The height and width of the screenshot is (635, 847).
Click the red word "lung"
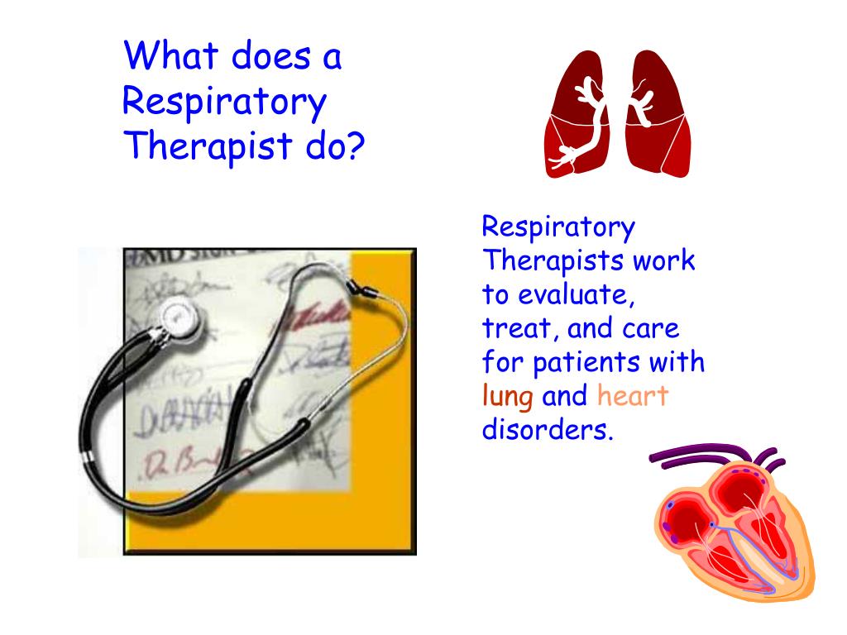(507, 397)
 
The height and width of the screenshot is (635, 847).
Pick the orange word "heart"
(632, 396)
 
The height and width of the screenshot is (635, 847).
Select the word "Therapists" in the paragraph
(553, 261)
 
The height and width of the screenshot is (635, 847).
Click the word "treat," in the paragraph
(511, 329)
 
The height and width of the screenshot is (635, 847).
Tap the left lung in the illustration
(579, 116)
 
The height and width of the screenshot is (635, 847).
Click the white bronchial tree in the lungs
(589, 116)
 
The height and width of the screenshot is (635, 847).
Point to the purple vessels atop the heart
(703, 454)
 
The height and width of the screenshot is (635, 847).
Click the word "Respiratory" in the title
(224, 102)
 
